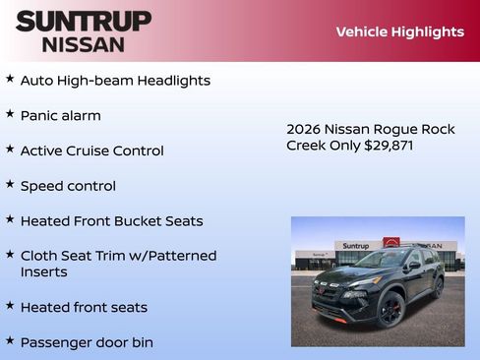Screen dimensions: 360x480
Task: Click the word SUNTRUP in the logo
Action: tap(84, 21)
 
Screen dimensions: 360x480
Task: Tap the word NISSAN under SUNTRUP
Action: tap(84, 43)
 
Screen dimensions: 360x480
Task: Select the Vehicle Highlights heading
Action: tap(399, 31)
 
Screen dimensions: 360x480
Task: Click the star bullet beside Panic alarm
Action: tap(10, 114)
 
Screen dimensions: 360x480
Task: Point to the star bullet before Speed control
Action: tap(10, 184)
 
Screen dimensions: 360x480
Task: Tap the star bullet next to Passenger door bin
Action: tap(10, 340)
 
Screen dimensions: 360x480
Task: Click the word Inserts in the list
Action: tap(43, 271)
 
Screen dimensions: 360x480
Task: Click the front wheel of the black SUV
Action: tap(390, 310)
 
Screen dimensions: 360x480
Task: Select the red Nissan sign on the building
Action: tap(391, 244)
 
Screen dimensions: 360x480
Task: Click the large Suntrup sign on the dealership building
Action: tap(355, 246)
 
